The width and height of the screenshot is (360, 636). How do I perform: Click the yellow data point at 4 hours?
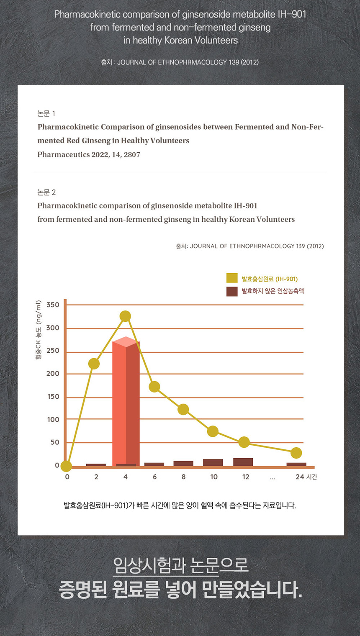click(125, 316)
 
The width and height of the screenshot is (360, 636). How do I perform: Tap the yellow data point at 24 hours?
click(296, 453)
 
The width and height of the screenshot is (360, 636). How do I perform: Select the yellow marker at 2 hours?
click(94, 364)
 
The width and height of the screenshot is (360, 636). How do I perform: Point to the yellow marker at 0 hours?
click(66, 466)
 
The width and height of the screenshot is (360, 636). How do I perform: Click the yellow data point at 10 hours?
click(213, 431)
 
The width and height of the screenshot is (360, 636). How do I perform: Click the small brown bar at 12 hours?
click(243, 462)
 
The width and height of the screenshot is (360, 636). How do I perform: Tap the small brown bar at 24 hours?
click(296, 464)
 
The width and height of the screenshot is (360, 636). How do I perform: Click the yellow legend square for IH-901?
click(232, 278)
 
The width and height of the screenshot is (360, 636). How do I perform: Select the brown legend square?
click(232, 291)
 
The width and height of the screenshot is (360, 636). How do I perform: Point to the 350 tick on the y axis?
click(53, 305)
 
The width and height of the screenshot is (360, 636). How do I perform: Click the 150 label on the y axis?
click(54, 397)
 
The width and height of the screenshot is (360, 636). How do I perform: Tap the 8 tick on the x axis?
click(183, 477)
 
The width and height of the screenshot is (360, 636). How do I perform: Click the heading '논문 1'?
click(46, 113)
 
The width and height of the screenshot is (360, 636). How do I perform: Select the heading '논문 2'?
click(46, 192)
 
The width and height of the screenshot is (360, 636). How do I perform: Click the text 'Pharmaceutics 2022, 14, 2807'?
click(89, 154)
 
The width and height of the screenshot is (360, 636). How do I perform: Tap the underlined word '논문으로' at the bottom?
click(219, 565)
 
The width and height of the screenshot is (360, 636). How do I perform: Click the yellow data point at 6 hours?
click(154, 387)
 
